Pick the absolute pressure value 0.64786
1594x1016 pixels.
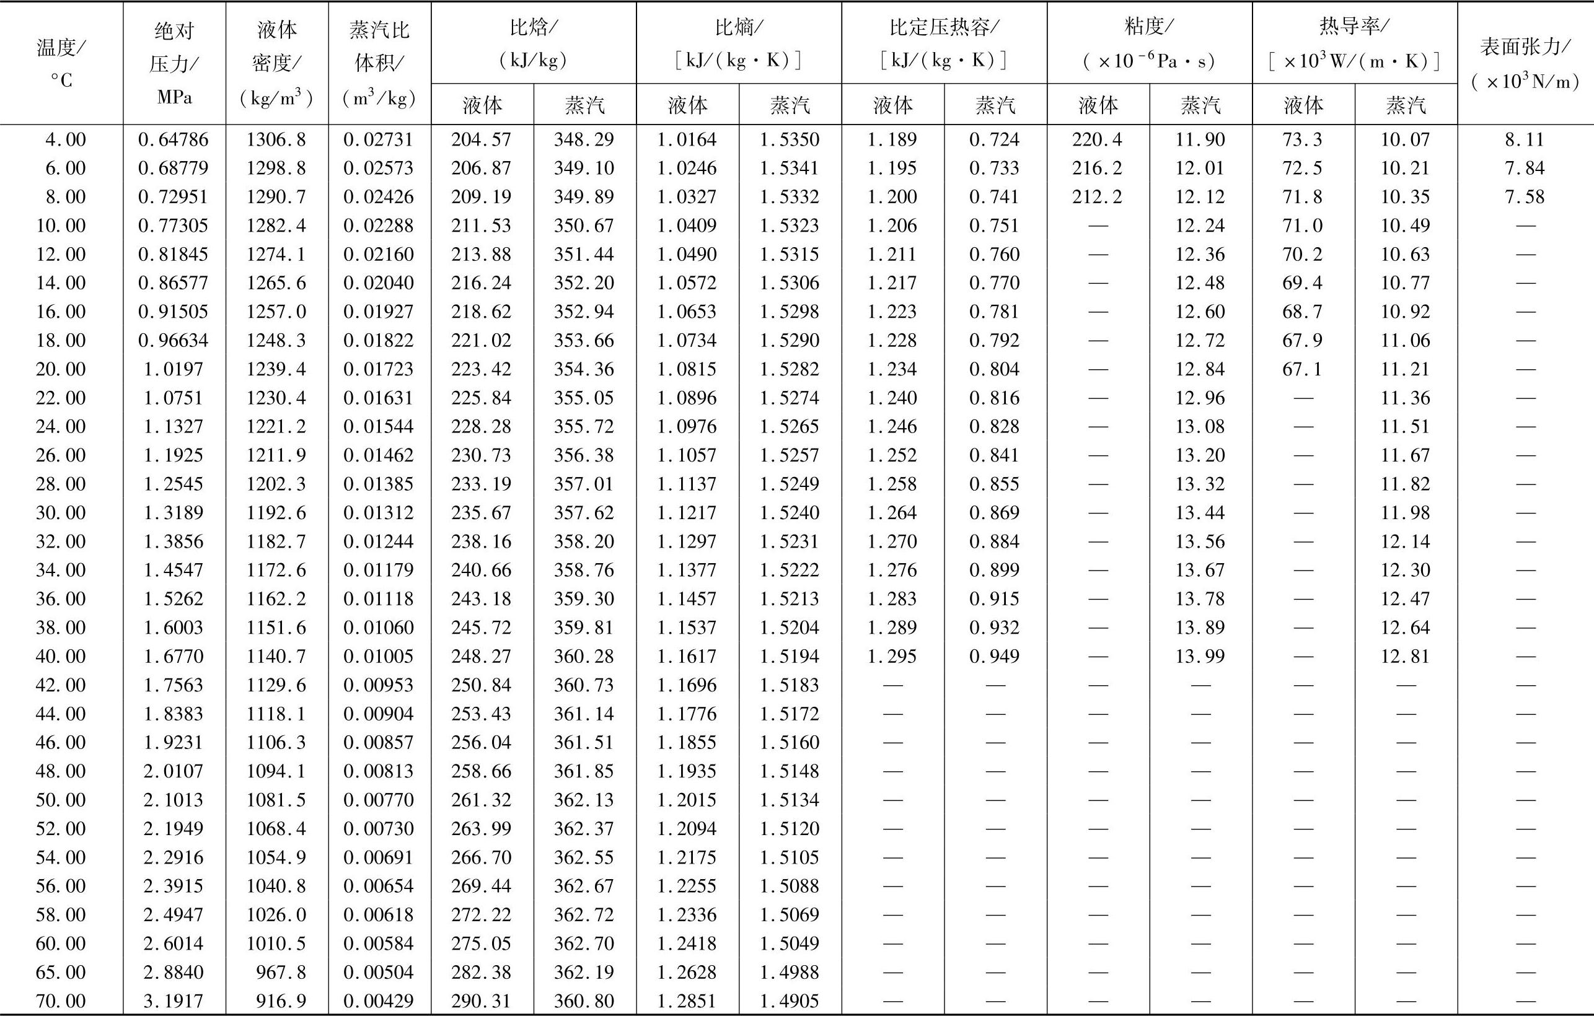(174, 139)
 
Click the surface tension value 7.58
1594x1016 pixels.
(1525, 197)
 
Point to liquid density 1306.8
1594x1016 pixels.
(276, 139)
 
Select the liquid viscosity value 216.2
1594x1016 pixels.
(1098, 168)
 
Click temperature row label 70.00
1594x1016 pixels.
(61, 1001)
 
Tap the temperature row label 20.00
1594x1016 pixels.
(61, 369)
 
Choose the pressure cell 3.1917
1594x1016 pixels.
(174, 1001)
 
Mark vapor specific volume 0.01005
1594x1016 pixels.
(379, 657)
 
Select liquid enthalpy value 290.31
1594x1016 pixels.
(482, 1001)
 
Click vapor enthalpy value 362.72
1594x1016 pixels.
(584, 915)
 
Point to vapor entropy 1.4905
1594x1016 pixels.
(789, 1001)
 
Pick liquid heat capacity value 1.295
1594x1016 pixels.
(892, 657)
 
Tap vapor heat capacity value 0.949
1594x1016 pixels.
(994, 657)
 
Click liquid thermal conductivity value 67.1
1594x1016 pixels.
(1302, 369)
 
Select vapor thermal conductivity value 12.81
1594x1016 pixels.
(1406, 657)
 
